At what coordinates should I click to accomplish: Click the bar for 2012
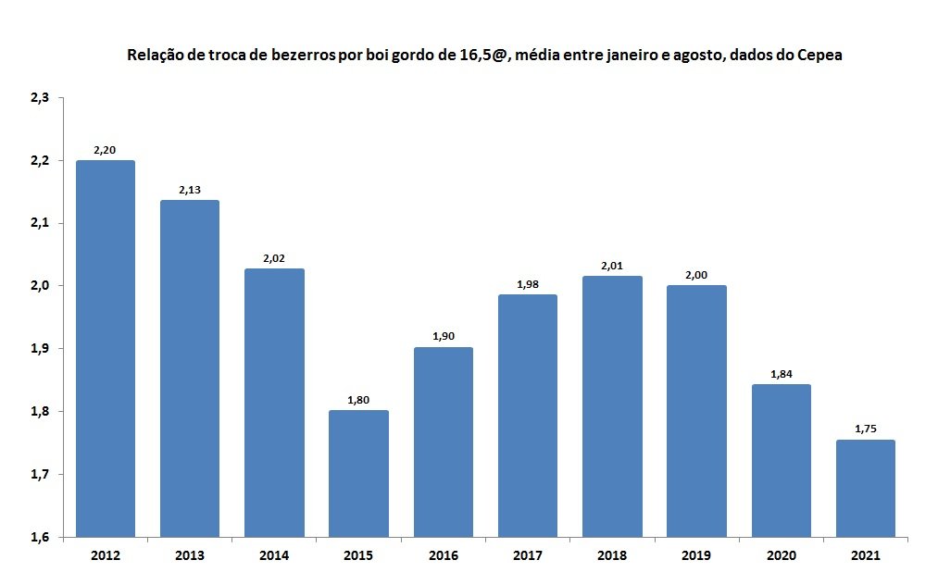pyautogui.click(x=106, y=349)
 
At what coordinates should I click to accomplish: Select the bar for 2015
pyautogui.click(x=359, y=474)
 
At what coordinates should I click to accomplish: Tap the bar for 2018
pyautogui.click(x=612, y=406)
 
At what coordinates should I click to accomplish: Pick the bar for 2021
pyautogui.click(x=866, y=489)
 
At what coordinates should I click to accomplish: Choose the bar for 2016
pyautogui.click(x=444, y=442)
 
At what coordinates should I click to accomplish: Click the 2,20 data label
pyautogui.click(x=105, y=150)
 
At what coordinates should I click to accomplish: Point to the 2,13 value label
pyautogui.click(x=190, y=190)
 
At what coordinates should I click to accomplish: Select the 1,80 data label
pyautogui.click(x=358, y=400)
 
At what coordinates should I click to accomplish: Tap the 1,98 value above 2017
pyautogui.click(x=528, y=285)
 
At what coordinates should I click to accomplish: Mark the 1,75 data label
pyautogui.click(x=866, y=429)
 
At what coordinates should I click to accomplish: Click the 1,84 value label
pyautogui.click(x=782, y=375)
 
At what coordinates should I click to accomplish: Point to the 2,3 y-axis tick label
pyautogui.click(x=40, y=97)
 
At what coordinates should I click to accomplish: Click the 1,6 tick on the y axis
pyautogui.click(x=40, y=537)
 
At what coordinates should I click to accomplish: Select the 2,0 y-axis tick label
pyautogui.click(x=40, y=286)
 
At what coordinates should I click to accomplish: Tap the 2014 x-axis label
pyautogui.click(x=274, y=555)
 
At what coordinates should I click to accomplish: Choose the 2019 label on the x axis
pyautogui.click(x=696, y=555)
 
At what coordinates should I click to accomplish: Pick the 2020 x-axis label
pyautogui.click(x=782, y=555)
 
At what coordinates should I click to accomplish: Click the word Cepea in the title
pyautogui.click(x=820, y=55)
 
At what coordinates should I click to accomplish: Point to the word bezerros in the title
pyautogui.click(x=304, y=55)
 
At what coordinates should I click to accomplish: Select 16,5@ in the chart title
pyautogui.click(x=484, y=56)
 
